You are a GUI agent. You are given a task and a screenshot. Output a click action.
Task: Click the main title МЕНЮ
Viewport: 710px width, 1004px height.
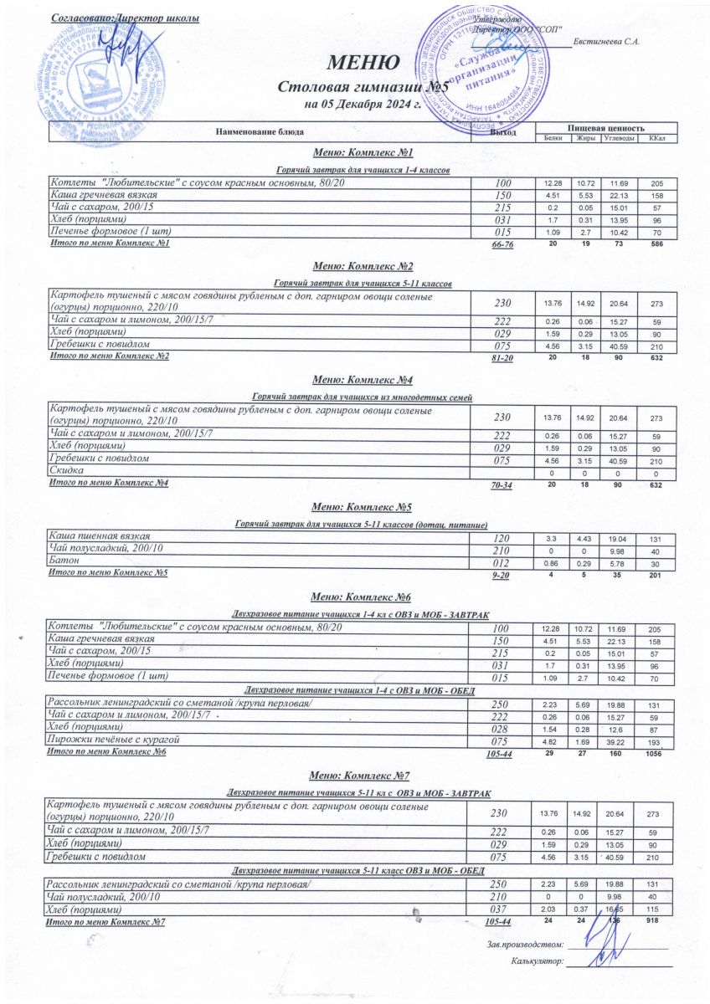pos(363,64)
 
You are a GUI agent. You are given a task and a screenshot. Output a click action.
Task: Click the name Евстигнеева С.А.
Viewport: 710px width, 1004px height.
pos(608,43)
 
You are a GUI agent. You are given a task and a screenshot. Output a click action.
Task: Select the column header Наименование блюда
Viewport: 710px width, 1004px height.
pos(260,132)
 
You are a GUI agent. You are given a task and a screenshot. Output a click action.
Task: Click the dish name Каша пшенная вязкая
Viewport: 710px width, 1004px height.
pos(100,535)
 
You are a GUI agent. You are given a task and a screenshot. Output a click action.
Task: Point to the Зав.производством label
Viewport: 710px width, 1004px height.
pos(524,944)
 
